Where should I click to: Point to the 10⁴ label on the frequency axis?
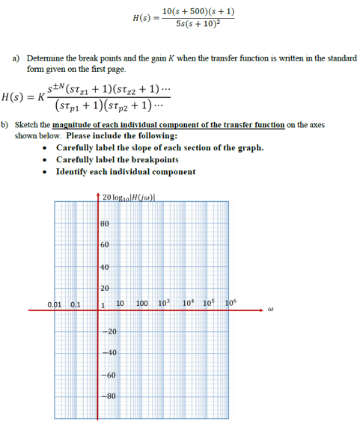(186, 304)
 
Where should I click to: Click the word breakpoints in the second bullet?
(158, 159)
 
